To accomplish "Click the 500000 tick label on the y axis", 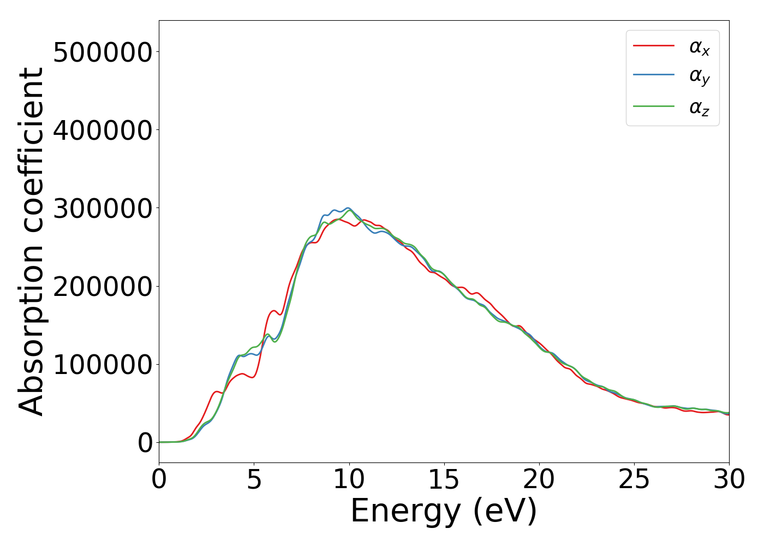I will coord(102,52).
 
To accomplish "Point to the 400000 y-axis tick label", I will coord(102,130).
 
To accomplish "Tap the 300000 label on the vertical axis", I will coord(102,209).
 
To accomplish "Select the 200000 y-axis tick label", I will coord(102,287).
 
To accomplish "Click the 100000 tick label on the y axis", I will coord(102,365).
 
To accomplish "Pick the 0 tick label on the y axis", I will coord(145,443).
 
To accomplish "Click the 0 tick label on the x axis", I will coord(159,479).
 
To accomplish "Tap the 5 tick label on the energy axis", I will coord(254,479).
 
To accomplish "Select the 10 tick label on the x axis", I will coord(349,479).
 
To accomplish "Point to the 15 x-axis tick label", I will coord(444,479).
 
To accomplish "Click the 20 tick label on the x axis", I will coord(539,479).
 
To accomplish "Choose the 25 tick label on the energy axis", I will coord(634,479).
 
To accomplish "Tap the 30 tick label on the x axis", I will coord(729,479).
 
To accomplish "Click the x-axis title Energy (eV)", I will coord(444,512).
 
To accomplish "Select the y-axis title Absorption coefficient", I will coord(32,241).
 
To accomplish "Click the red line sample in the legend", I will coord(654,45).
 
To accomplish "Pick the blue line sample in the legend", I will coord(654,75).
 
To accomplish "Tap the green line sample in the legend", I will coord(654,106).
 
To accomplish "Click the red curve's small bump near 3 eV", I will coord(217,391).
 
